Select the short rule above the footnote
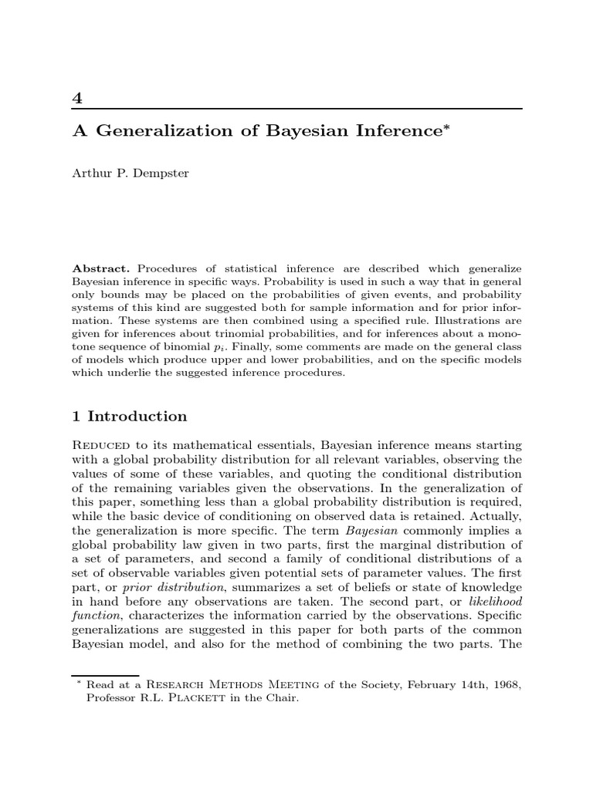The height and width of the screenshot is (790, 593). (x=105, y=675)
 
